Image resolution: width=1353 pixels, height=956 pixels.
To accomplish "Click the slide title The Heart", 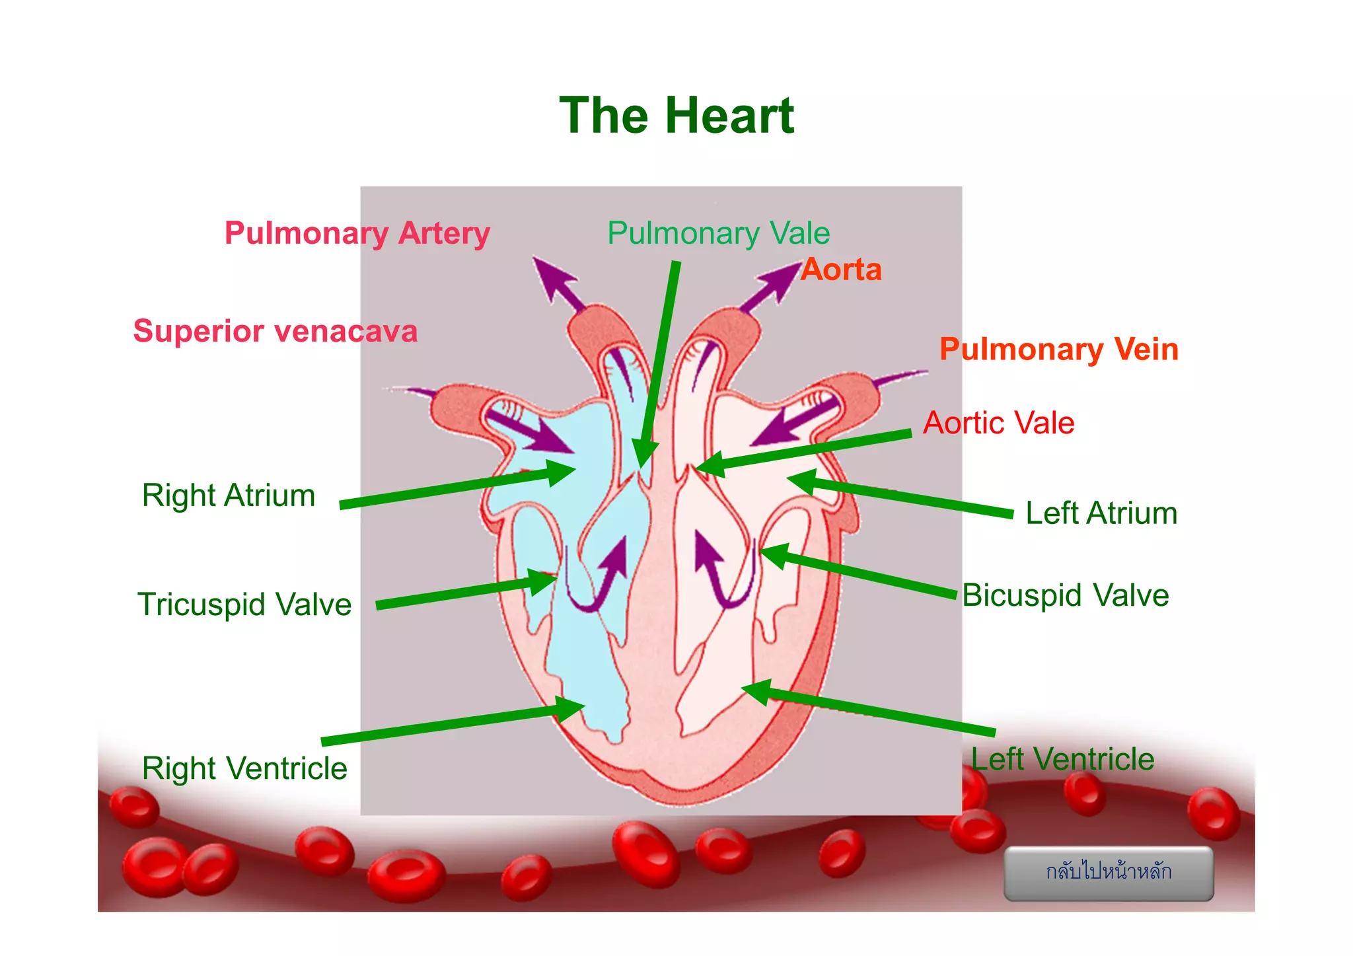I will coord(676,116).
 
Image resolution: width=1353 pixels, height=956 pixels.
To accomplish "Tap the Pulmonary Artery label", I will coord(357,233).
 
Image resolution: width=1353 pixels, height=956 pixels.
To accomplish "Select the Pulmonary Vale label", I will coord(718,233).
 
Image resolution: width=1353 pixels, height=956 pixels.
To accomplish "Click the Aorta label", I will coord(841,270).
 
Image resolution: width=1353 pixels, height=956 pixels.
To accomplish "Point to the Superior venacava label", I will coord(275,331).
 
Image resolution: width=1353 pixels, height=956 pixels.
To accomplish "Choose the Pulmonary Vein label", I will coord(1058,349).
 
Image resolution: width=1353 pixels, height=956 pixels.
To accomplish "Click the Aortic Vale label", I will coord(998,423).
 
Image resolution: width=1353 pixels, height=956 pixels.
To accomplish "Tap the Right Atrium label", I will coord(229,496).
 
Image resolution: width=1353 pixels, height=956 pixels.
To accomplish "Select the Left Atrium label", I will coord(1101,513).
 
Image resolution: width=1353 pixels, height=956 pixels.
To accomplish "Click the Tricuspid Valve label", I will coord(244,605).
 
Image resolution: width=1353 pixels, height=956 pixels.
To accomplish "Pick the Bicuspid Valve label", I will coord(1065,595).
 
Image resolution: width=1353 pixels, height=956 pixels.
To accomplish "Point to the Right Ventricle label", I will coord(244,768).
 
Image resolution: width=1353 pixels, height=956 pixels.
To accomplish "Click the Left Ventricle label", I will coord(1062,759).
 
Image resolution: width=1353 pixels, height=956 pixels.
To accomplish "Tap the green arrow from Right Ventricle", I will coord(449,725).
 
